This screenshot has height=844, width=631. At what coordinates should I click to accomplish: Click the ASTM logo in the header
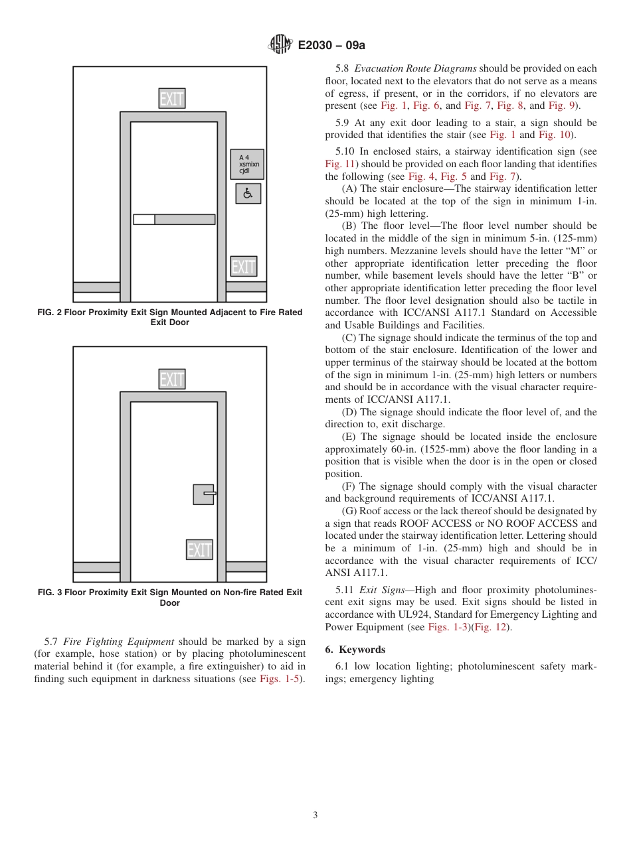280,44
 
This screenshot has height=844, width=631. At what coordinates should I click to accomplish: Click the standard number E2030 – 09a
331,45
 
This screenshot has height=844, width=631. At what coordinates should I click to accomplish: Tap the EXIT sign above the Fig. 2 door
172,99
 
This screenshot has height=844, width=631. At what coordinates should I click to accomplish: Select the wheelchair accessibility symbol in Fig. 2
248,193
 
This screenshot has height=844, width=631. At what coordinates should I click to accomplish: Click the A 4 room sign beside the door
246,164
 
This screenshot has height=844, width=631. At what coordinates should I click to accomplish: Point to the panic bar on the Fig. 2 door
174,219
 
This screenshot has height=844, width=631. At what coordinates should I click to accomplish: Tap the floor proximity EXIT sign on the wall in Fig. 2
244,266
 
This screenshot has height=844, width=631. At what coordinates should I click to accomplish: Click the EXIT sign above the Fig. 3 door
172,379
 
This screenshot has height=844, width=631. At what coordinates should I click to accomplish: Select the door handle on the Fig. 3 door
205,494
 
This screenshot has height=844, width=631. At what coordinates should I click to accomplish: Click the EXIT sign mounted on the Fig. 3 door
199,549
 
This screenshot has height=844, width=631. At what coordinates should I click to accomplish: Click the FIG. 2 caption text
170,317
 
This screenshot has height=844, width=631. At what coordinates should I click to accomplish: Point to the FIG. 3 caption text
170,597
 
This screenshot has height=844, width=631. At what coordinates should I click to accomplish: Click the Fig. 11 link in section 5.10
339,164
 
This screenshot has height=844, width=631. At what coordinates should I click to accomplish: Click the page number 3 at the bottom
315,815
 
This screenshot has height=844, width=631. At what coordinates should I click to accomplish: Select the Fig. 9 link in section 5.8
562,105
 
